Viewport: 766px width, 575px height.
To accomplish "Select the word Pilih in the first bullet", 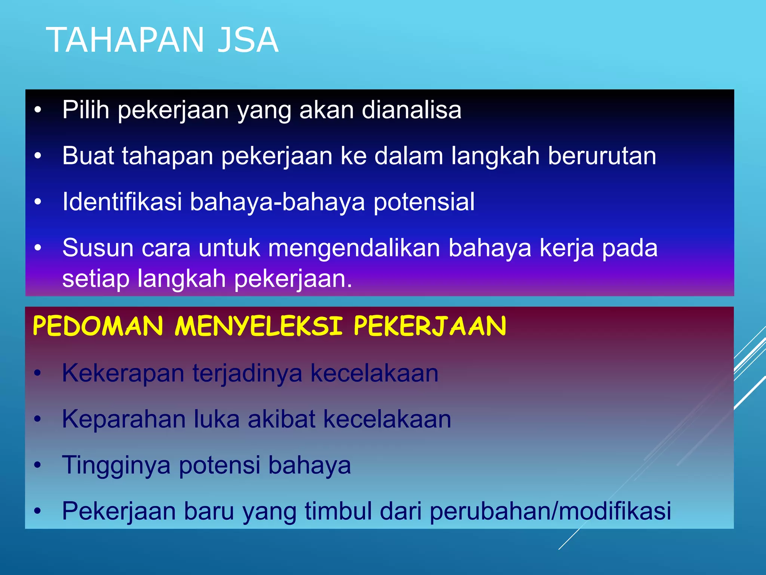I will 86,110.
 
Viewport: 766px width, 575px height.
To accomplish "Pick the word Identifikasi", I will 122,202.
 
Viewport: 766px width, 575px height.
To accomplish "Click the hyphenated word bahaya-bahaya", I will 277,202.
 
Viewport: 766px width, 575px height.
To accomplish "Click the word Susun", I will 98,248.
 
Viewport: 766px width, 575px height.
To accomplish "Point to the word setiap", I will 96,279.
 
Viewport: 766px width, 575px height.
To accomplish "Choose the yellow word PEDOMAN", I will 98,326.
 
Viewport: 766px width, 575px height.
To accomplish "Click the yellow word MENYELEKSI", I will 258,326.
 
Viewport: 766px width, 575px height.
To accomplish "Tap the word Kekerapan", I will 123,373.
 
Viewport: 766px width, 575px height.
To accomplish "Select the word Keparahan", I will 124,419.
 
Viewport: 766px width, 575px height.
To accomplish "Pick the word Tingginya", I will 116,465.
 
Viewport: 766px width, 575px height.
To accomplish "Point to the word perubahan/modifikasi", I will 550,511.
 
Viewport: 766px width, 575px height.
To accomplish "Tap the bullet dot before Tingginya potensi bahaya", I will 37,465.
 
